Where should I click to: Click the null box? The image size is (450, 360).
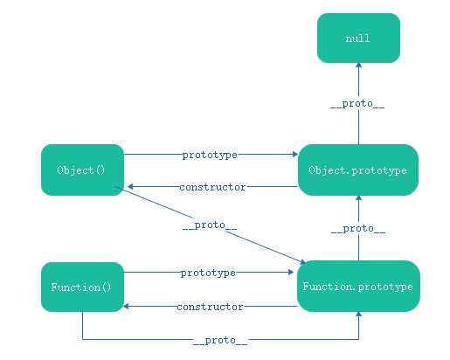pyautogui.click(x=358, y=38)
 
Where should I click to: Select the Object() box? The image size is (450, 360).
pyautogui.click(x=82, y=170)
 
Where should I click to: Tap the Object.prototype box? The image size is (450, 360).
pyautogui.click(x=358, y=170)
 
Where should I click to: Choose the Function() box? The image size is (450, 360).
pyautogui.click(x=82, y=287)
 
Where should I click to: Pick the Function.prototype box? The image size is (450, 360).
pyautogui.click(x=358, y=287)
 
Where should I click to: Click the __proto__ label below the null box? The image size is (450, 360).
pyautogui.click(x=357, y=104)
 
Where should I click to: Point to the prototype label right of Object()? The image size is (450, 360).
pyautogui.click(x=210, y=155)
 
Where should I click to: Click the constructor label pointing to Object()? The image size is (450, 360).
pyautogui.click(x=212, y=187)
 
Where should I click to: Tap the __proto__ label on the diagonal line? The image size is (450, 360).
pyautogui.click(x=210, y=225)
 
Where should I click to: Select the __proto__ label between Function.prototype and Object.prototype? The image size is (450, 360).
pyautogui.click(x=358, y=229)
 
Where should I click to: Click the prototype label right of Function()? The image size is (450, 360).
pyautogui.click(x=208, y=273)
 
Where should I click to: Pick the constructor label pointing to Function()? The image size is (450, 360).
pyautogui.click(x=210, y=307)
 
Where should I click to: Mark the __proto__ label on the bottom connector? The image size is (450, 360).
pyautogui.click(x=220, y=341)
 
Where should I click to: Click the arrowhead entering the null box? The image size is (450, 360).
pyautogui.click(x=358, y=66)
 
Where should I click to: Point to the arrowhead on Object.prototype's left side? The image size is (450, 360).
pyautogui.click(x=295, y=154)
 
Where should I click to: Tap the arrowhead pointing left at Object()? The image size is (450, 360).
pyautogui.click(x=130, y=186)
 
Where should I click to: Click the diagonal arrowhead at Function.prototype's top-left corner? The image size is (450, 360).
pyautogui.click(x=302, y=262)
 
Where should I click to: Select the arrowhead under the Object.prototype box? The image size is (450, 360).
pyautogui.click(x=358, y=198)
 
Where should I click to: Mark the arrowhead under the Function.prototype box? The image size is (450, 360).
pyautogui.click(x=358, y=315)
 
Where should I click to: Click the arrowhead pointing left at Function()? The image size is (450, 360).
pyautogui.click(x=127, y=306)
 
